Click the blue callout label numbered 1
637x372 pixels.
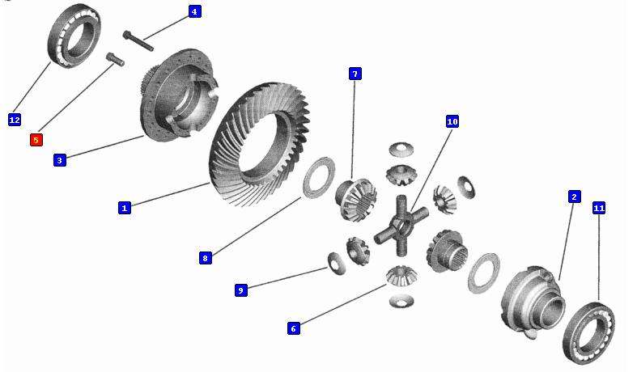point(125,208)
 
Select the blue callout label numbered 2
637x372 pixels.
point(574,197)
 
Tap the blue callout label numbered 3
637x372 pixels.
point(60,160)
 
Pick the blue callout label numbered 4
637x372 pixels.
point(194,12)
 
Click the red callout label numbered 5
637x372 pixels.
point(36,140)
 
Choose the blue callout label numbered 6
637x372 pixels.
point(294,328)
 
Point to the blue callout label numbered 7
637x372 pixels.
point(355,74)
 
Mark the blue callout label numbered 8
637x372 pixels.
point(206,258)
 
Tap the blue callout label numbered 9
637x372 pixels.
point(241,290)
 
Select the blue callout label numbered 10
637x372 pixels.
point(452,121)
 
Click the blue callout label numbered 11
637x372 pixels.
point(599,209)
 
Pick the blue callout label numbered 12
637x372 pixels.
point(15,120)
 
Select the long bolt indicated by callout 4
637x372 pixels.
point(138,41)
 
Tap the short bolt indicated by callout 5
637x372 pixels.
point(116,59)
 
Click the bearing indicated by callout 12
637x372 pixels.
point(75,36)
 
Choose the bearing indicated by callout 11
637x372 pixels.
point(588,332)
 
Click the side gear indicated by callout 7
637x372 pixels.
point(356,200)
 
